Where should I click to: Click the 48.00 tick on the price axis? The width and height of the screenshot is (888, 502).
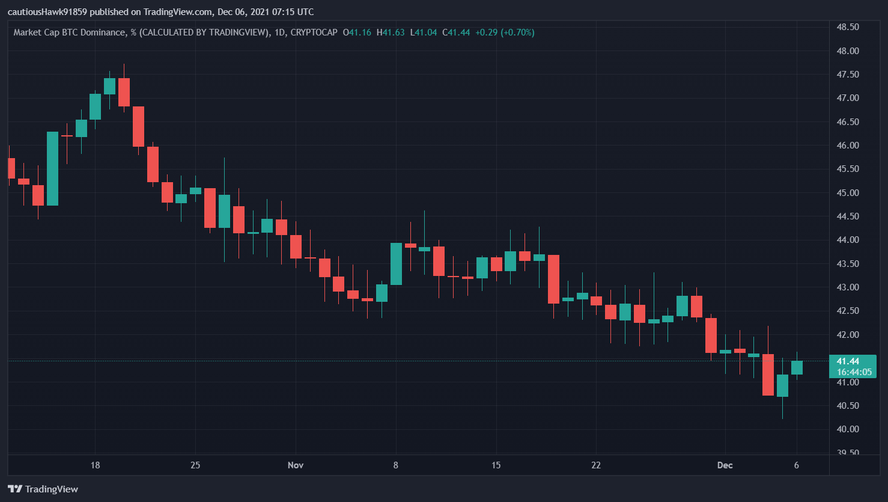[848, 51]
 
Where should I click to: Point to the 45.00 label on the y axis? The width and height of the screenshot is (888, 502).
[848, 193]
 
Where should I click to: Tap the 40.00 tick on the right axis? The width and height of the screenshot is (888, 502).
[848, 429]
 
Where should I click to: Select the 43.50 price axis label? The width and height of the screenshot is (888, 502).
[848, 264]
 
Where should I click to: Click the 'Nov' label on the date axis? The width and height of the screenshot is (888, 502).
[296, 465]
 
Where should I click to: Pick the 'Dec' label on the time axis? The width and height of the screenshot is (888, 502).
[725, 465]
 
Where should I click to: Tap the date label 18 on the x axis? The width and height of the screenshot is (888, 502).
[95, 465]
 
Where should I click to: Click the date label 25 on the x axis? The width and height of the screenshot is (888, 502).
[195, 465]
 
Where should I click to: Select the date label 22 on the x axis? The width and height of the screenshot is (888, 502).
[596, 465]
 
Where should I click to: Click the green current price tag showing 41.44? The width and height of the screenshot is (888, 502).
[848, 361]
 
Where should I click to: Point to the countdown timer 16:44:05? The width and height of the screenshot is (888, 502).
[854, 372]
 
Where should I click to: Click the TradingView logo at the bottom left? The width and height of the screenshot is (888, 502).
[43, 489]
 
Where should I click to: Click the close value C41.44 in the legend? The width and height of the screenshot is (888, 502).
[456, 32]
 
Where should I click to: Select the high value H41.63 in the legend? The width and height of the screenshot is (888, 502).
[391, 32]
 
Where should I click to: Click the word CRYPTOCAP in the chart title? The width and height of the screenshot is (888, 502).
[314, 32]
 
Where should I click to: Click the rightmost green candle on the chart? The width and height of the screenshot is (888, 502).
[797, 367]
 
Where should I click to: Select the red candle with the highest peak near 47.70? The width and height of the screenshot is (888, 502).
[124, 92]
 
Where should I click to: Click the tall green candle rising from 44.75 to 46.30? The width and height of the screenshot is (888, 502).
[53, 168]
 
